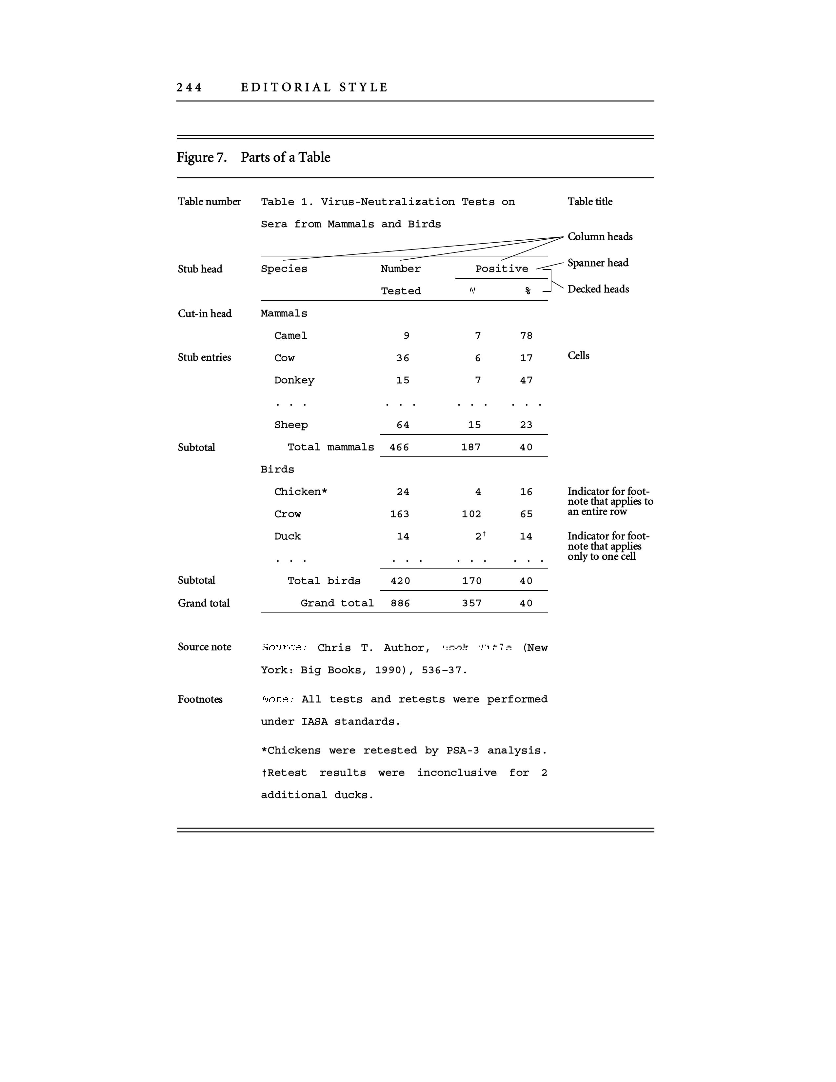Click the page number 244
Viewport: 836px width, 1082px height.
click(x=189, y=88)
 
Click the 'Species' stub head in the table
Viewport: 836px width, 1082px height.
click(x=284, y=269)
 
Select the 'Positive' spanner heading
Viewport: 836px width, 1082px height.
click(x=501, y=269)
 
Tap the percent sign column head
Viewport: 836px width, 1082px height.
click(x=528, y=291)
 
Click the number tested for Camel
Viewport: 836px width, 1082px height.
click(x=406, y=336)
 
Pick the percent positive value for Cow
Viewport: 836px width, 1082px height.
click(x=526, y=358)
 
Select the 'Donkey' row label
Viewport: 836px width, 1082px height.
click(x=294, y=380)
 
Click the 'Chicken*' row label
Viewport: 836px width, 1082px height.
click(x=301, y=492)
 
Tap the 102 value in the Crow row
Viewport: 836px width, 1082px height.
click(x=471, y=514)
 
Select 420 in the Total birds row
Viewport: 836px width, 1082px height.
click(x=400, y=581)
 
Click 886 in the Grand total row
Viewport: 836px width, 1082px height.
click(x=400, y=603)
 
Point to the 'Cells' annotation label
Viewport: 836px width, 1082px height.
click(x=578, y=356)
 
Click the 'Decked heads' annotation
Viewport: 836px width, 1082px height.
click(x=598, y=289)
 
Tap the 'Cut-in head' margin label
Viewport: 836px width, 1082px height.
click(x=205, y=313)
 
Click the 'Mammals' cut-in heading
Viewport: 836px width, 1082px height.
click(x=284, y=313)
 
